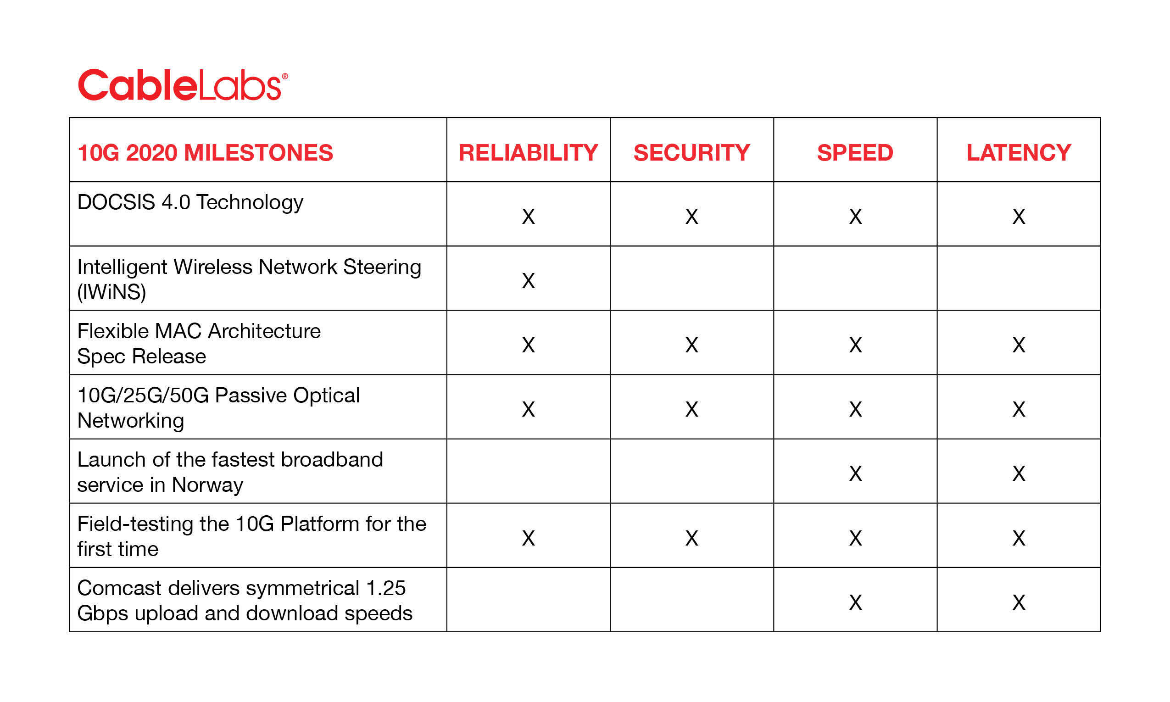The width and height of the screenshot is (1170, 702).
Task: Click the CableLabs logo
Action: pyautogui.click(x=183, y=85)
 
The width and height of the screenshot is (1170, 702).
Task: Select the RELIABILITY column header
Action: pyautogui.click(x=528, y=153)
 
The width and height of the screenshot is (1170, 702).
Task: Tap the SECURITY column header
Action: pyautogui.click(x=691, y=153)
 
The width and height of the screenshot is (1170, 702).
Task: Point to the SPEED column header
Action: pyautogui.click(x=855, y=153)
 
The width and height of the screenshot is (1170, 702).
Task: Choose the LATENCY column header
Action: pyautogui.click(x=1018, y=153)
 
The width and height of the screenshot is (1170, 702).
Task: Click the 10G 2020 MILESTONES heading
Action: pyautogui.click(x=205, y=153)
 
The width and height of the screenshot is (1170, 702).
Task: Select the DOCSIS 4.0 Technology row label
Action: pyautogui.click(x=190, y=202)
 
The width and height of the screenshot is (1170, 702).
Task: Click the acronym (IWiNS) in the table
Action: pyautogui.click(x=111, y=292)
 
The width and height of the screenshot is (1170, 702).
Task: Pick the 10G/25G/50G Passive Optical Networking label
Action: pyautogui.click(x=218, y=407)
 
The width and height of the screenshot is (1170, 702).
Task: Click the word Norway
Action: pyautogui.click(x=207, y=485)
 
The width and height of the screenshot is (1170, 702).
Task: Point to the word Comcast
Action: pyautogui.click(x=119, y=588)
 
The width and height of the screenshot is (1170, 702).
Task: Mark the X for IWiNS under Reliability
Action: pyautogui.click(x=528, y=280)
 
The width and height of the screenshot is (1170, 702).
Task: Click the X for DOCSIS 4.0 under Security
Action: pyautogui.click(x=691, y=217)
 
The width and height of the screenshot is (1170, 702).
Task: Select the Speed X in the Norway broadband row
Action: pyautogui.click(x=855, y=474)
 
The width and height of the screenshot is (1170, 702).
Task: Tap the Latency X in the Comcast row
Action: pyautogui.click(x=1019, y=602)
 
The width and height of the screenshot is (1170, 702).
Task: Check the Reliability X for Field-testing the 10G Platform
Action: pyautogui.click(x=528, y=538)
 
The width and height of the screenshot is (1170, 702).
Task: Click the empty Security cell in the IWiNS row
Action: pyautogui.click(x=691, y=278)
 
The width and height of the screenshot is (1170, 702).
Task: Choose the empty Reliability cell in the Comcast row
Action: pyautogui.click(x=528, y=600)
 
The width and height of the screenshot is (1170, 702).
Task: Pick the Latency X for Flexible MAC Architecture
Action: pyautogui.click(x=1019, y=345)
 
